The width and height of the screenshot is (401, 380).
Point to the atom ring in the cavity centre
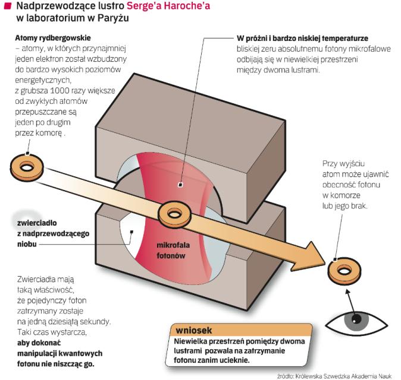click(173, 211)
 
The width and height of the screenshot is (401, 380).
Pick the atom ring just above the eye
click(343, 271)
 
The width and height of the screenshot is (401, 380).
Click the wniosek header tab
click(192, 330)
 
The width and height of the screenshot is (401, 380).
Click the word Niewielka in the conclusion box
click(192, 341)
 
